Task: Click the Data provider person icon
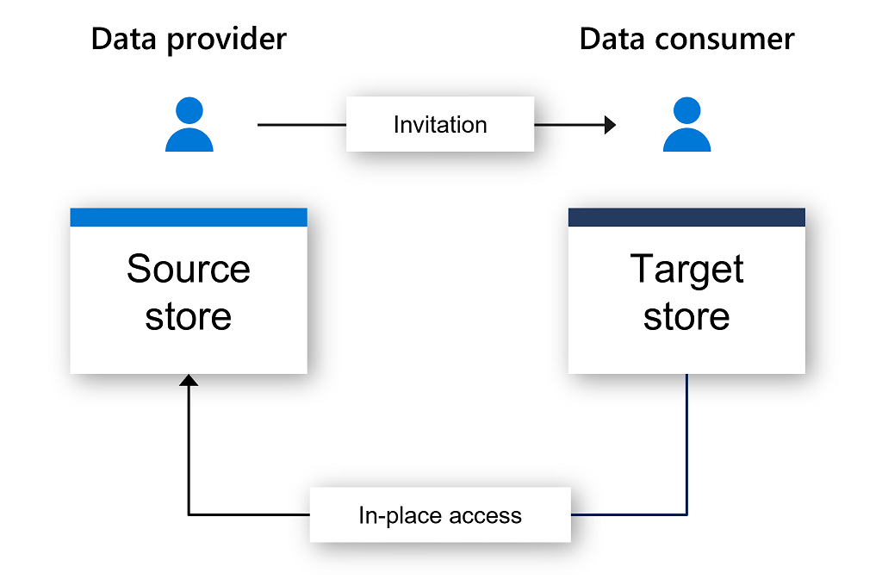click(x=189, y=127)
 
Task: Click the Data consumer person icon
click(x=686, y=127)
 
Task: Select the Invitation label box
click(x=440, y=125)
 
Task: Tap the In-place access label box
click(x=440, y=515)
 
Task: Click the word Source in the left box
click(x=188, y=269)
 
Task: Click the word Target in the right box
click(x=686, y=269)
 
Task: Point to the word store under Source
click(x=188, y=316)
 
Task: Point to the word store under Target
click(x=686, y=316)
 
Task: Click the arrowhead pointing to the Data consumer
click(x=610, y=125)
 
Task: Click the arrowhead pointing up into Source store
click(x=189, y=380)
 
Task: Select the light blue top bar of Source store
click(x=188, y=217)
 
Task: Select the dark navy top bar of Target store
click(x=686, y=217)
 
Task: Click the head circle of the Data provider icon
click(x=189, y=110)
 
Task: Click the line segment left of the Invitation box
click(x=301, y=125)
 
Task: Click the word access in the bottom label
click(x=487, y=516)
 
